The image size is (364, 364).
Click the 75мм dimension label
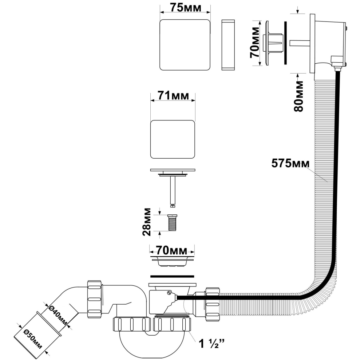click(186, 8)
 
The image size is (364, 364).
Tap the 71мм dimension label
click(173, 95)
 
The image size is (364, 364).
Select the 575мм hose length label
click(290, 163)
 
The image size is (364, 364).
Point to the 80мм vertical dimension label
click(298, 96)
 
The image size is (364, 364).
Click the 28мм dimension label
click(147, 222)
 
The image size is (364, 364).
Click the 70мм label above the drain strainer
click(171, 250)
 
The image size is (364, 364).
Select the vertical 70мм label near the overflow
click(254, 42)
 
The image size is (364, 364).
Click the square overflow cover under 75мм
click(185, 44)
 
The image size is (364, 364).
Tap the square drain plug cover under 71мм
click(173, 139)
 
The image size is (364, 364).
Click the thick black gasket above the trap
click(172, 276)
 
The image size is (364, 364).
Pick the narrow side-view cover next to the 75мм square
click(228, 45)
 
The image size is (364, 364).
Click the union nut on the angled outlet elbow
click(95, 299)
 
